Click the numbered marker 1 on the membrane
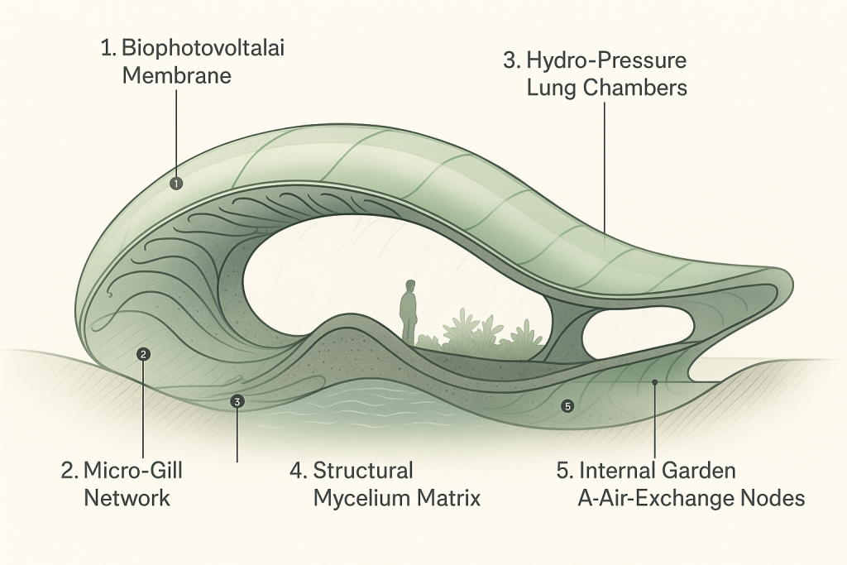(175, 184)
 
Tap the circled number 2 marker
(144, 355)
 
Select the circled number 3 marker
(237, 402)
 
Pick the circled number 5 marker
(567, 406)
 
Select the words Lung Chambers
(606, 89)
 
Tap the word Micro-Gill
(132, 472)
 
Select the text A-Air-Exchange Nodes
(691, 499)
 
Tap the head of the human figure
(409, 286)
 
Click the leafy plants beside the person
(467, 332)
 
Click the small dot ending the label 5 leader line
(654, 382)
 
